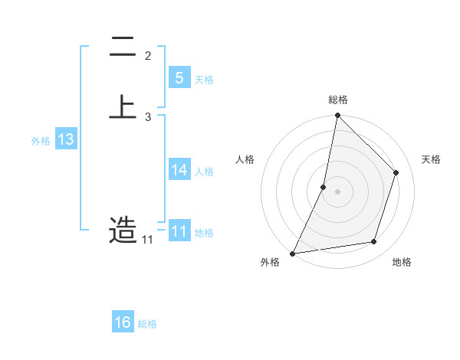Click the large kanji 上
123,106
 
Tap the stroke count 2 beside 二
148,55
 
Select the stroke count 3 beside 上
148,116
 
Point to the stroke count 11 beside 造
147,240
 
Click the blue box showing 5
179,78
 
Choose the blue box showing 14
179,170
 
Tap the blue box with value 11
179,231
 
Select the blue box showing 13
65,139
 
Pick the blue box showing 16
123,322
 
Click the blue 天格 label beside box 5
204,80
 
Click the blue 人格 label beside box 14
204,172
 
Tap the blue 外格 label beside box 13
41,141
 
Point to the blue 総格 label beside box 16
147,324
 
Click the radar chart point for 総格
337,115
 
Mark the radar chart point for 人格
324,186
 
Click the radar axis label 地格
402,263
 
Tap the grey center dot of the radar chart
337,191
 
